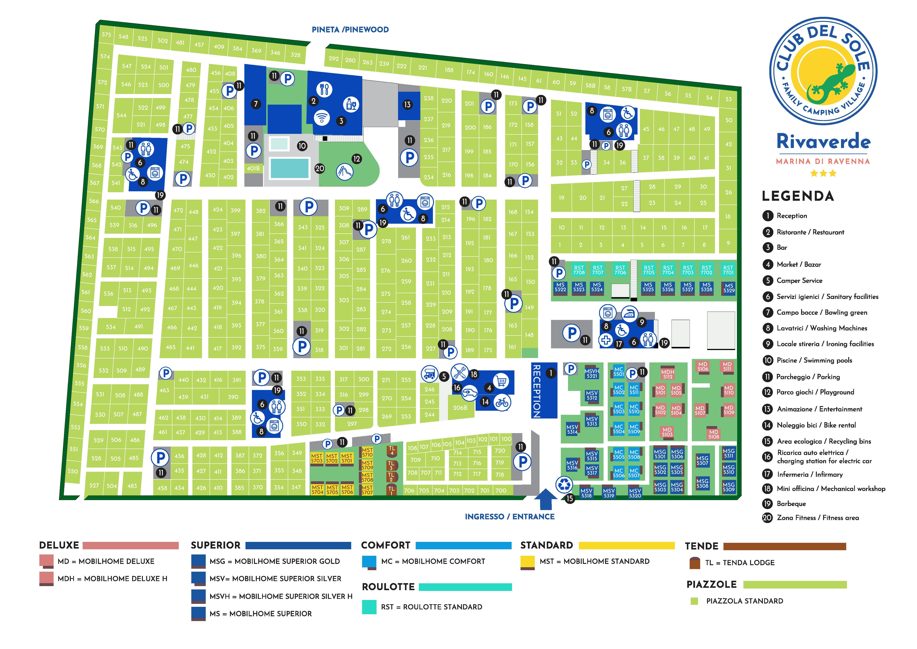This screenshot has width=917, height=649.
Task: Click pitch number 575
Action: pyautogui.click(x=106, y=35)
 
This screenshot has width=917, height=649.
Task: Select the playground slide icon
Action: pyautogui.click(x=345, y=172)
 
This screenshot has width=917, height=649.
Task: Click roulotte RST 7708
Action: pyautogui.click(x=579, y=270)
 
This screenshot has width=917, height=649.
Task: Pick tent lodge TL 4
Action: pyautogui.click(x=392, y=451)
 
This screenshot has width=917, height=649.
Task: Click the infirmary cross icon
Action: pyautogui.click(x=606, y=340)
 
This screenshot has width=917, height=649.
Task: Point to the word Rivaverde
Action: pyautogui.click(x=823, y=142)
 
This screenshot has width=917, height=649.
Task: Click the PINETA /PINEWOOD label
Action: pyautogui.click(x=350, y=30)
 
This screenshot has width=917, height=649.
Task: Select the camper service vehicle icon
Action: pyautogui.click(x=429, y=374)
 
